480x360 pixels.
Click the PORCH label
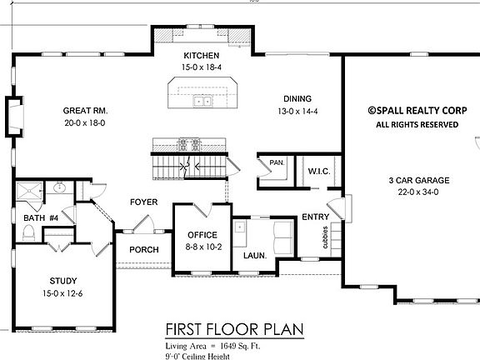143,249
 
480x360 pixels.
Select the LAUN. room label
254,256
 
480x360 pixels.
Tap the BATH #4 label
39,218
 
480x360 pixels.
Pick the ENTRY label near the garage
315,217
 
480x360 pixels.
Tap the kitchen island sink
201,102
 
